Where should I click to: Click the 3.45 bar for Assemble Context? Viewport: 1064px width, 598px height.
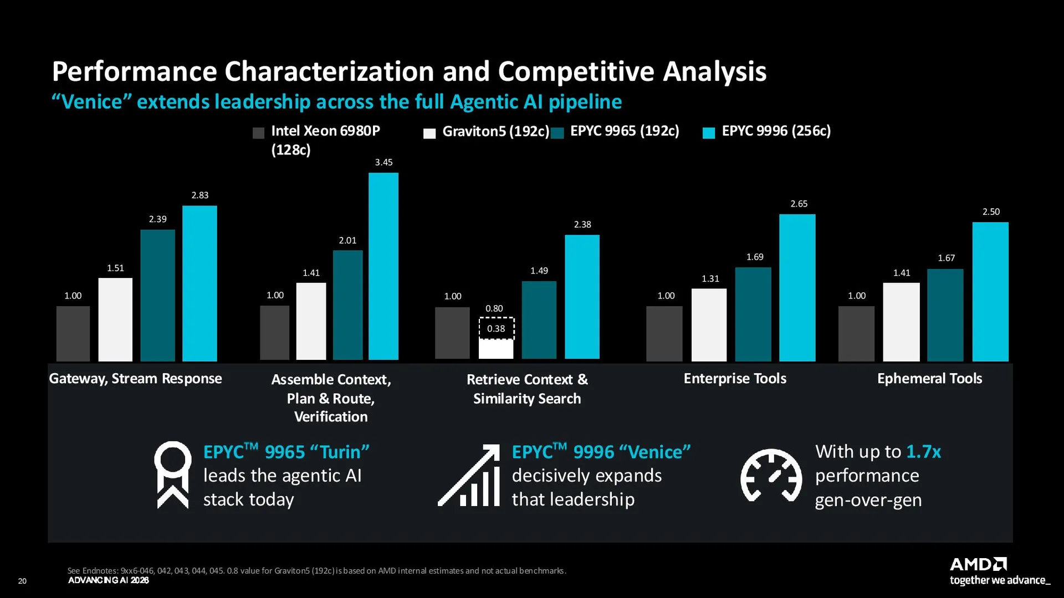tap(383, 266)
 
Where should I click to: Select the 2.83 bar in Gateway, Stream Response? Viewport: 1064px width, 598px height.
tap(199, 283)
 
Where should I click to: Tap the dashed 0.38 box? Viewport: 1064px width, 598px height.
tap(497, 328)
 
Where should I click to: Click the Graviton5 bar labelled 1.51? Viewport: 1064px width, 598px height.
tap(115, 319)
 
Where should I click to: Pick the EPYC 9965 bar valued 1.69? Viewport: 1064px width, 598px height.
tap(753, 315)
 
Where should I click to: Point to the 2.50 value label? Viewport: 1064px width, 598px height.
tap(991, 212)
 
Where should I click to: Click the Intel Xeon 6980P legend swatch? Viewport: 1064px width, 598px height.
tap(258, 133)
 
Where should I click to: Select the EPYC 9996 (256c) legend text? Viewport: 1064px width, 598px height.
tap(776, 131)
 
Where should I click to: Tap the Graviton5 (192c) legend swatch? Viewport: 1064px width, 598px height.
tap(429, 133)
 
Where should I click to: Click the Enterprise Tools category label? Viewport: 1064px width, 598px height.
tap(735, 378)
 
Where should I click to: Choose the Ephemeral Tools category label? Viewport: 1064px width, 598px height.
tap(929, 378)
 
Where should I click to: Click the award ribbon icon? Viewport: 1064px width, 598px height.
tap(173, 475)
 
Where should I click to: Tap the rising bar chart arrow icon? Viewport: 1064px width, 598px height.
tap(469, 475)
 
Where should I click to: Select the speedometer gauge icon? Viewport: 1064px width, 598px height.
tap(771, 475)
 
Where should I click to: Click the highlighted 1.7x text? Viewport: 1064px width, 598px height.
tap(923, 452)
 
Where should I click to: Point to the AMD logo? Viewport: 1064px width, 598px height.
tap(978, 564)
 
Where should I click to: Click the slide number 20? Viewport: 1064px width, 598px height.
tap(22, 581)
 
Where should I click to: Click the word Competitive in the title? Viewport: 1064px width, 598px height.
tap(576, 72)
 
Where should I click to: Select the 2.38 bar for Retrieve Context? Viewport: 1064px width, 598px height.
tap(582, 297)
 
